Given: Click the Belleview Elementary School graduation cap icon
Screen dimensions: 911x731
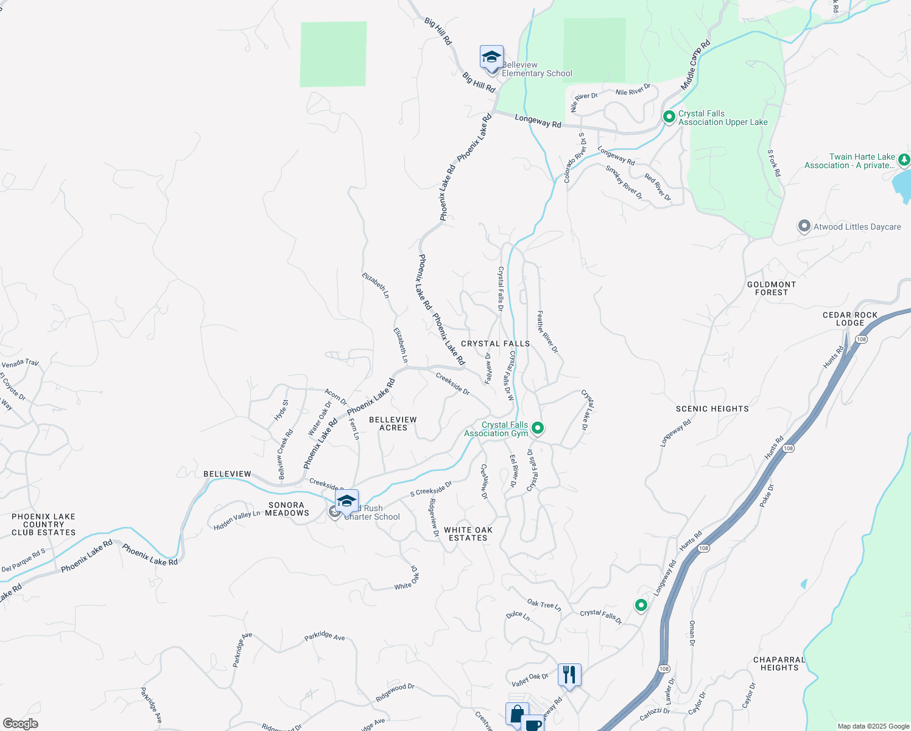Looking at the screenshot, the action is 491,57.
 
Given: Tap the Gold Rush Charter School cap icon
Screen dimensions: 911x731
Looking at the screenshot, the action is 346,501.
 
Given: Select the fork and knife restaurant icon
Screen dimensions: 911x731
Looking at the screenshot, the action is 569,674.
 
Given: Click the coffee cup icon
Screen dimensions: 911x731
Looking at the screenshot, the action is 532,724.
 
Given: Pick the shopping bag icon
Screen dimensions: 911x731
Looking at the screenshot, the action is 516,713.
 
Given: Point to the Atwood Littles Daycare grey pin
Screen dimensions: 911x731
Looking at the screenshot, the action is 804,227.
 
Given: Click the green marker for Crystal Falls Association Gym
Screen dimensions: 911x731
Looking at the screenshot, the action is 537,428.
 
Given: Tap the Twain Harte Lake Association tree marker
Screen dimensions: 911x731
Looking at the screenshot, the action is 904,160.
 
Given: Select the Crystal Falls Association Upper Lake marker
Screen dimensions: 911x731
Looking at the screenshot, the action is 669,116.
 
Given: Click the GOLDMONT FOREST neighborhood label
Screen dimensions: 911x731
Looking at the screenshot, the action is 772,288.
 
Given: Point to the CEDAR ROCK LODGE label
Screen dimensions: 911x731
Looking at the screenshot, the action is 850,319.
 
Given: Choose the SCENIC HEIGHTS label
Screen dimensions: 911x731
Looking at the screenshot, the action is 712,409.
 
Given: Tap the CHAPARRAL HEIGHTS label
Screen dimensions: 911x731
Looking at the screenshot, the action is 779,663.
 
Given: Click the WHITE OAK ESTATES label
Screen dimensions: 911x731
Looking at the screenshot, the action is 468,534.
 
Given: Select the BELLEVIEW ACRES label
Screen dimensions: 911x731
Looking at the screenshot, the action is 393,423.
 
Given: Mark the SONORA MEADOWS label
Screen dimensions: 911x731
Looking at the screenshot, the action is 287,509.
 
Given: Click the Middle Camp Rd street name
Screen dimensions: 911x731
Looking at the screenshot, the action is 695,65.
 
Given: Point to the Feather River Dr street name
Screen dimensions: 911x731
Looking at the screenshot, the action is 547,331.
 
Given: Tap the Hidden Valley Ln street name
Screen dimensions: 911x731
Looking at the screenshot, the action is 237,520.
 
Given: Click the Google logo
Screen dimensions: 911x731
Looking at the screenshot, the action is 21,723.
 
